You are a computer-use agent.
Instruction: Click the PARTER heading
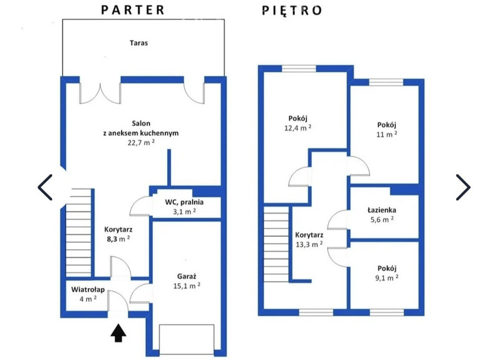pyautogui.click(x=133, y=10)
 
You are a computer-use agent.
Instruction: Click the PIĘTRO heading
pyautogui.click(x=292, y=11)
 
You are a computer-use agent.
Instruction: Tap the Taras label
pyautogui.click(x=138, y=43)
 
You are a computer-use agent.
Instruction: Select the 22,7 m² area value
pyautogui.click(x=141, y=143)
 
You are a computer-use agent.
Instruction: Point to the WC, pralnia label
pyautogui.click(x=184, y=202)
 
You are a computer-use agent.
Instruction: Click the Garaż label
pyautogui.click(x=187, y=276)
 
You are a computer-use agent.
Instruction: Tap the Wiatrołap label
pyautogui.click(x=88, y=290)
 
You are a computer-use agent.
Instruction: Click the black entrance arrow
pyautogui.click(x=118, y=333)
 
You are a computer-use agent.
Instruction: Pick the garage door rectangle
pyautogui.click(x=187, y=339)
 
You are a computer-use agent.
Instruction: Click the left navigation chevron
pyautogui.click(x=45, y=187)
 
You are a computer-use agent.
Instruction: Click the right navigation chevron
pyautogui.click(x=463, y=187)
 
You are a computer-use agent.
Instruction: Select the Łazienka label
pyautogui.click(x=382, y=210)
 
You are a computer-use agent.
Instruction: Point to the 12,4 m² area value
pyautogui.click(x=298, y=128)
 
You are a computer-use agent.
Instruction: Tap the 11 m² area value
pyautogui.click(x=386, y=134)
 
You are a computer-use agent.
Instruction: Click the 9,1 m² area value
pyautogui.click(x=386, y=278)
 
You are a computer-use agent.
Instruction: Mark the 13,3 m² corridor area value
pyautogui.click(x=309, y=244)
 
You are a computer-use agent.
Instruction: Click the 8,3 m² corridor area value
pyautogui.click(x=118, y=239)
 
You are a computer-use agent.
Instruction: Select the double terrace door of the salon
pyautogui.click(x=100, y=93)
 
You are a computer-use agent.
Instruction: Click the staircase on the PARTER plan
pyautogui.click(x=79, y=232)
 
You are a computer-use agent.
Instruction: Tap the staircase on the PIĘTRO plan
pyautogui.click(x=276, y=244)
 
